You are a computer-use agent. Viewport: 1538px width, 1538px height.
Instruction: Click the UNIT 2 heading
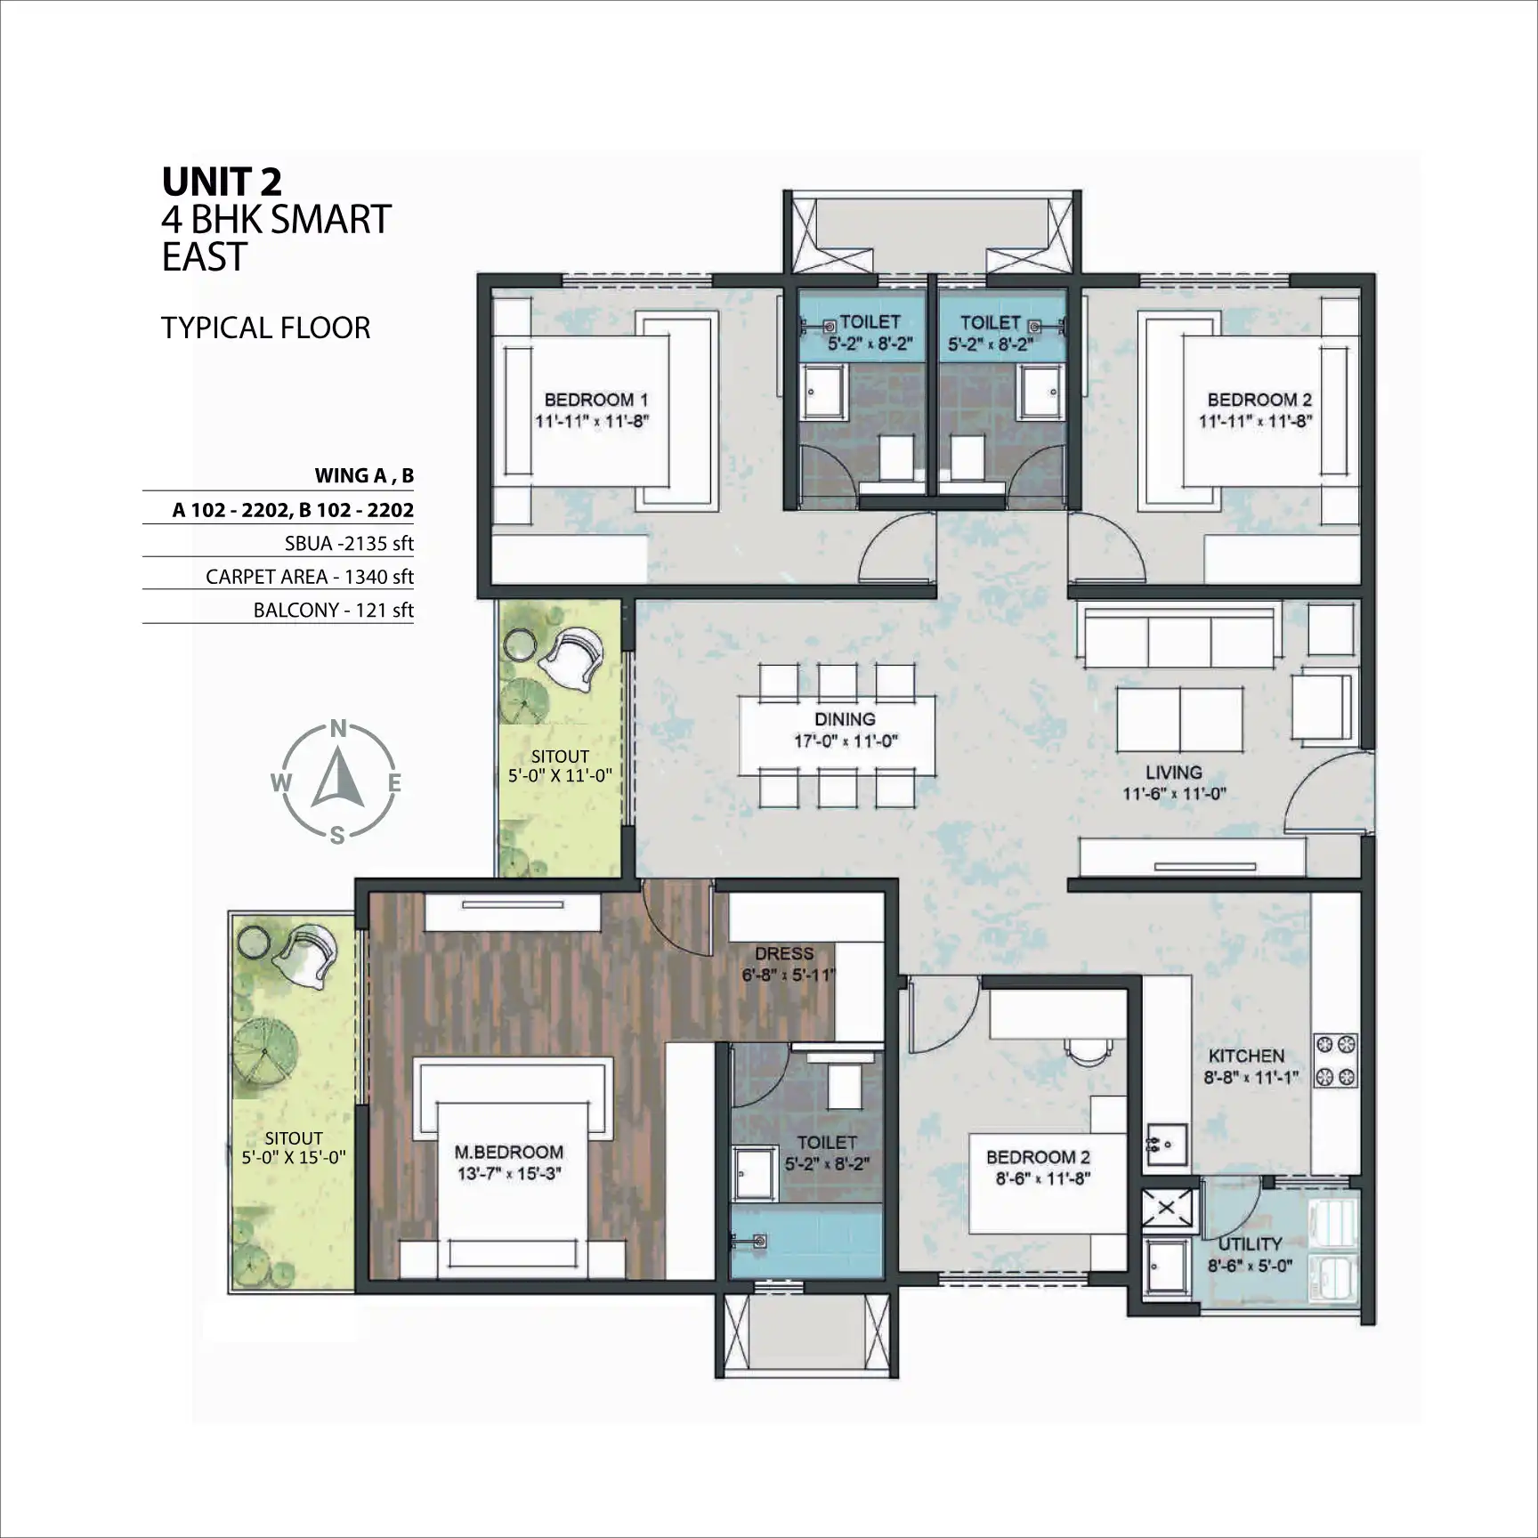click(x=222, y=182)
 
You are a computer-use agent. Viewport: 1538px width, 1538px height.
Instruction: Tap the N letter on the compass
click(x=338, y=730)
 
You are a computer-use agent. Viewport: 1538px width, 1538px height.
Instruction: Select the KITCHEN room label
click(x=1246, y=1056)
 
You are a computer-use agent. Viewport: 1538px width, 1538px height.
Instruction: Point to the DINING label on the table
click(x=845, y=719)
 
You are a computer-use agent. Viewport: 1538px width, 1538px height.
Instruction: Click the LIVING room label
click(x=1174, y=773)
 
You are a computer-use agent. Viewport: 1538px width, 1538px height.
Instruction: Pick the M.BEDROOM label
click(x=508, y=1153)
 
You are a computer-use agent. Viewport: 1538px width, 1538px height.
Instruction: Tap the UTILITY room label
click(x=1251, y=1243)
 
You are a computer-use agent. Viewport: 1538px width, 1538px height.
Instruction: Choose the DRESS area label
click(x=784, y=953)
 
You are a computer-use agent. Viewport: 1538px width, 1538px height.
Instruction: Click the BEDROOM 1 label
click(x=595, y=400)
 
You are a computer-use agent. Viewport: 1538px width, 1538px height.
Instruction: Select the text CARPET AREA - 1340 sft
click(x=310, y=577)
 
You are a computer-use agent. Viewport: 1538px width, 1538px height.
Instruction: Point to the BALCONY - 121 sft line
click(x=334, y=611)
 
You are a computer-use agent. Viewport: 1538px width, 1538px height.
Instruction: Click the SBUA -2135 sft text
click(x=350, y=544)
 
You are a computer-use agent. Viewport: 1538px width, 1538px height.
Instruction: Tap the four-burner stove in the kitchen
click(x=1336, y=1061)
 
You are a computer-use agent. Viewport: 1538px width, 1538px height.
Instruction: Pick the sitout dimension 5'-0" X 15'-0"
click(x=294, y=1158)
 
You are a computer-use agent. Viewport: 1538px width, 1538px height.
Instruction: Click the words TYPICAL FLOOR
click(x=265, y=328)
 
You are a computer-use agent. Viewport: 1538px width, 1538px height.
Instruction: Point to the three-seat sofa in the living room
click(x=1179, y=635)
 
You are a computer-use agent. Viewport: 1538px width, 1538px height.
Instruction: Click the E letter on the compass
click(x=394, y=783)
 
